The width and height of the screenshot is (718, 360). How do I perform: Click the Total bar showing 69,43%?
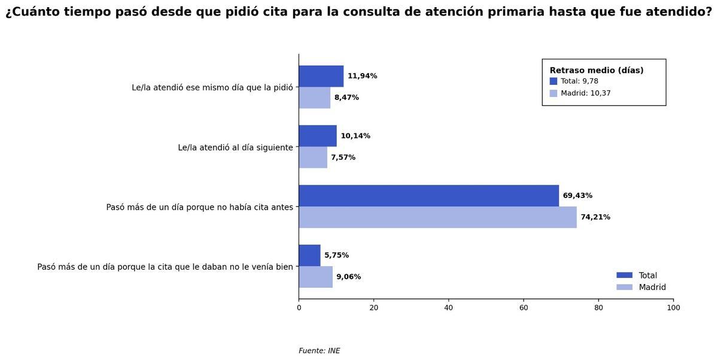point(428,196)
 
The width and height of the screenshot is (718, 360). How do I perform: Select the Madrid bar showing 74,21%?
point(437,217)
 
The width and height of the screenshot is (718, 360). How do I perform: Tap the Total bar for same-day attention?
point(321,76)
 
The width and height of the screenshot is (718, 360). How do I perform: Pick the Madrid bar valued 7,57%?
point(313,157)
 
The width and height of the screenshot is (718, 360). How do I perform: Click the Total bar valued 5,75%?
point(310,255)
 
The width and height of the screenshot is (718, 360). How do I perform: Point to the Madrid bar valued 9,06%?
point(316,277)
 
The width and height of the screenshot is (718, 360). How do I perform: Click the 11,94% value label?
point(362,76)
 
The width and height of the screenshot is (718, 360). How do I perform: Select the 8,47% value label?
point(346,97)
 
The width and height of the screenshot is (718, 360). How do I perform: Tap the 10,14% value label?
point(355,136)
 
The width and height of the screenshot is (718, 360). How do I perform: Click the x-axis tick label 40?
point(449,308)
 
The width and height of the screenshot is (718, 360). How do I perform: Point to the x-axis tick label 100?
point(673,308)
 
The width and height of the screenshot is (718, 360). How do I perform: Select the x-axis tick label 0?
point(299,308)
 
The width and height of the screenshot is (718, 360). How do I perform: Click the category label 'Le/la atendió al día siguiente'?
point(235,147)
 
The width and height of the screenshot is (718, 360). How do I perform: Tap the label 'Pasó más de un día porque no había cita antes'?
point(200,207)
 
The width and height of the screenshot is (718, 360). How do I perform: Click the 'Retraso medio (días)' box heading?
point(597,71)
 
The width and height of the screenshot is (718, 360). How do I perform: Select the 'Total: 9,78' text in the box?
point(579,81)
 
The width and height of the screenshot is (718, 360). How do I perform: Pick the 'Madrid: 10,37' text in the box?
point(585,93)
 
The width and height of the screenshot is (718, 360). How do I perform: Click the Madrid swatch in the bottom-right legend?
point(624,287)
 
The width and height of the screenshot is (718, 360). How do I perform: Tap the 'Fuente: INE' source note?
point(319,351)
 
